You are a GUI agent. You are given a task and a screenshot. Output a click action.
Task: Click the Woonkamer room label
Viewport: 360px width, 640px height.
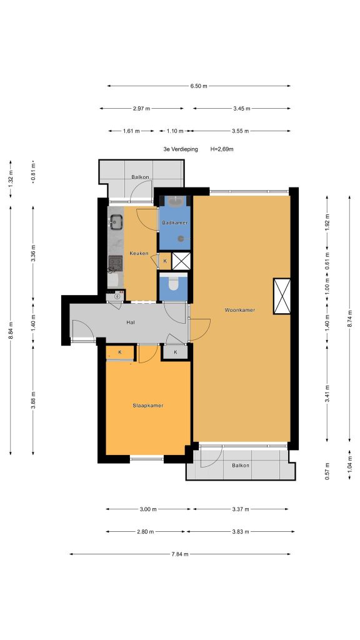pos(239,310)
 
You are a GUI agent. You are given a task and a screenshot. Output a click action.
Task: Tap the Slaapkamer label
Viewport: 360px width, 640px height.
pos(147,406)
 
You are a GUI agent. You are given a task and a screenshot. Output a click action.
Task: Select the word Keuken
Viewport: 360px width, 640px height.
pos(139,254)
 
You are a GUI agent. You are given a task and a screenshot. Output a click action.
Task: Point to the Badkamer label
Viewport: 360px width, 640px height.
pos(175,223)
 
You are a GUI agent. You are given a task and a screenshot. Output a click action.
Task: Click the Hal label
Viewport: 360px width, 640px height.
pos(131,322)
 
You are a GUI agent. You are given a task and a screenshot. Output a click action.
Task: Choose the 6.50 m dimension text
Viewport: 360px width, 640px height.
pos(198,86)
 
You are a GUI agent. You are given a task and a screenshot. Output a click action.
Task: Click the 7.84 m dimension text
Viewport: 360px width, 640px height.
pos(180,554)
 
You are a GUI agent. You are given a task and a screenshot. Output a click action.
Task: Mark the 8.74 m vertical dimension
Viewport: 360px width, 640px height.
pos(350,318)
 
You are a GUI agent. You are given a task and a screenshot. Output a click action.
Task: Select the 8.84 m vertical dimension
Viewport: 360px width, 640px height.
pos(11,330)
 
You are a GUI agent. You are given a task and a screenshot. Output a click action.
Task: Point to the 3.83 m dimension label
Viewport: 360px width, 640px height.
pos(240,532)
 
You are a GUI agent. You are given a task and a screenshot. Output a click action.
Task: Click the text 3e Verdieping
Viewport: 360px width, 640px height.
pos(181,149)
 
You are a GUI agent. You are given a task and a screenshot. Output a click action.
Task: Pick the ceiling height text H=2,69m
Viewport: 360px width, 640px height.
pos(222,149)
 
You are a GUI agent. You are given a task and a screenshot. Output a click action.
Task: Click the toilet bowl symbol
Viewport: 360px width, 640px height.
pos(174,283)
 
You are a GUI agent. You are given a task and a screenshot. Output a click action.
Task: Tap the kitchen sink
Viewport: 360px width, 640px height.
pos(116,222)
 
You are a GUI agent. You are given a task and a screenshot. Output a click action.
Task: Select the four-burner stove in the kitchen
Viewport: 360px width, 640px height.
pos(115,263)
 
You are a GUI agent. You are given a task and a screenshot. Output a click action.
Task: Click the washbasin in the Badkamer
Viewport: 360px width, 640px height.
pos(175,200)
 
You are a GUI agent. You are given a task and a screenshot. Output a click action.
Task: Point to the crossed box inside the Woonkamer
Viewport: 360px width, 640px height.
pos(282,296)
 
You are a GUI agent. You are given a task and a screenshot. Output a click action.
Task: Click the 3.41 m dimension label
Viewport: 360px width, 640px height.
pos(327,394)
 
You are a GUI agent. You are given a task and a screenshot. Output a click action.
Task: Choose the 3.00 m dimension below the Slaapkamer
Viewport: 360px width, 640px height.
pos(148,509)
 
